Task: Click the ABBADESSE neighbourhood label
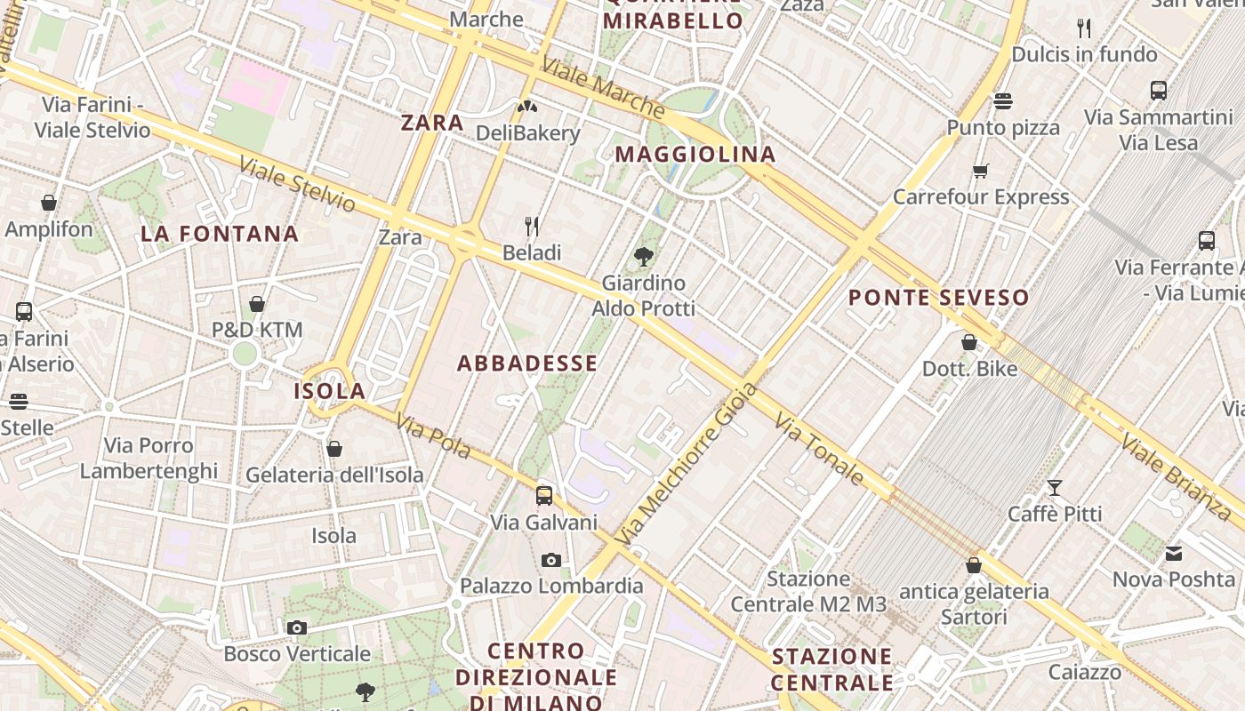527,363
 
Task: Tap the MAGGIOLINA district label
695,155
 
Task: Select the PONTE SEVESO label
938,298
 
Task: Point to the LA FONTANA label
220,235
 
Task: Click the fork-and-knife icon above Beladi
532,226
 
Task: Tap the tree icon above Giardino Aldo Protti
644,257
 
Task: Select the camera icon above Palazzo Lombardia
551,560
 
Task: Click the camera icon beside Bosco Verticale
297,628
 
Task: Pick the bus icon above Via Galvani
544,496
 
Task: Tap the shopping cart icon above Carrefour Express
981,171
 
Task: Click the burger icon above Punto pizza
1003,101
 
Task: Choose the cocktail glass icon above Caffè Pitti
1055,487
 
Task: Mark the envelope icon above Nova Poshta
1174,554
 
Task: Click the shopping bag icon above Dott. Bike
969,342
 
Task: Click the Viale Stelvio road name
297,184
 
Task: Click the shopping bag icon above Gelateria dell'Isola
334,449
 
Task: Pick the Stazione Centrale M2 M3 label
808,592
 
